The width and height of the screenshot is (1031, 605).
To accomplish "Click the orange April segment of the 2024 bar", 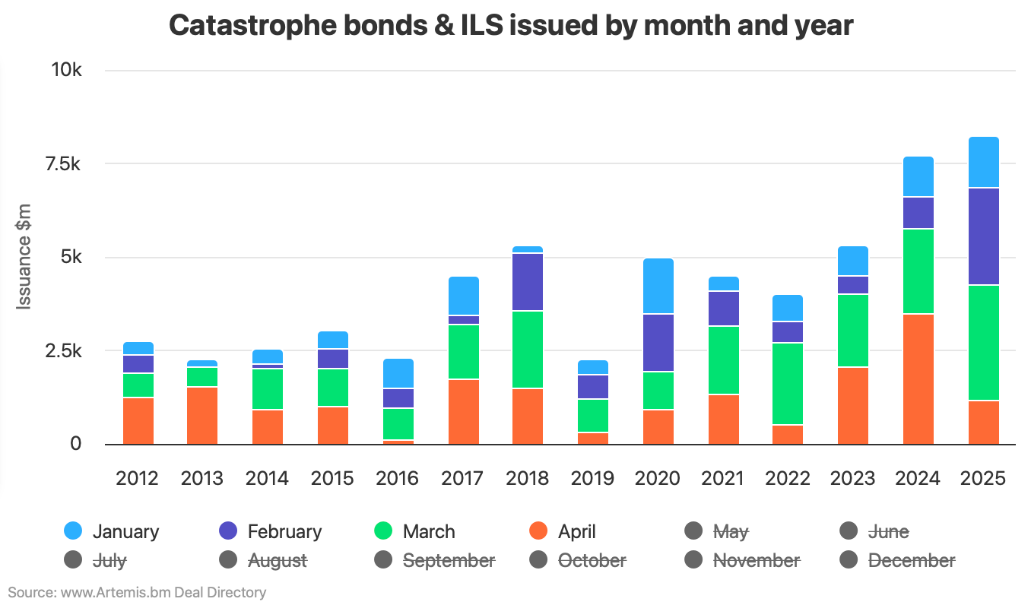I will tap(918, 379).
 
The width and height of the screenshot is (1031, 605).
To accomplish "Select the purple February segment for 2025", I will tap(983, 236).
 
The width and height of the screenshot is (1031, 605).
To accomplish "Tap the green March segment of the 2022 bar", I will tap(788, 384).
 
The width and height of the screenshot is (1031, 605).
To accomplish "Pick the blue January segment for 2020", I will tap(658, 286).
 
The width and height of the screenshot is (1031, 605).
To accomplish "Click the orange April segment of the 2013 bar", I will tap(202, 416).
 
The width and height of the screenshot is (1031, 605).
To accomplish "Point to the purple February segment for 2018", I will tap(528, 282).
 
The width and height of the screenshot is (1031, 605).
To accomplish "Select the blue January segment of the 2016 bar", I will tap(398, 373).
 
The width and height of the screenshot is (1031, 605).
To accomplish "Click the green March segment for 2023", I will tap(853, 331).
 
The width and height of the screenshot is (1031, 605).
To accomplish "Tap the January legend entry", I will tap(125, 531).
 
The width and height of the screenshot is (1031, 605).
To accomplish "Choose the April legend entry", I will tap(576, 531).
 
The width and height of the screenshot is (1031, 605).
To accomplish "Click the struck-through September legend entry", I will tap(449, 560).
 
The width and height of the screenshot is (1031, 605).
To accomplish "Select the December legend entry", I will tap(911, 560).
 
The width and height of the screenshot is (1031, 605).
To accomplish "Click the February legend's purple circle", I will tap(227, 531).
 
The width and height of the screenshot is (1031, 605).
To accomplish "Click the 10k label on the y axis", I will tap(66, 70).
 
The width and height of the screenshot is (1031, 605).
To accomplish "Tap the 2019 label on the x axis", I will tap(592, 478).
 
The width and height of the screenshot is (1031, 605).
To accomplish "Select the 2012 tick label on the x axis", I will tap(138, 478).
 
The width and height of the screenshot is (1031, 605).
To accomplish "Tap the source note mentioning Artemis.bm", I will tap(137, 592).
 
